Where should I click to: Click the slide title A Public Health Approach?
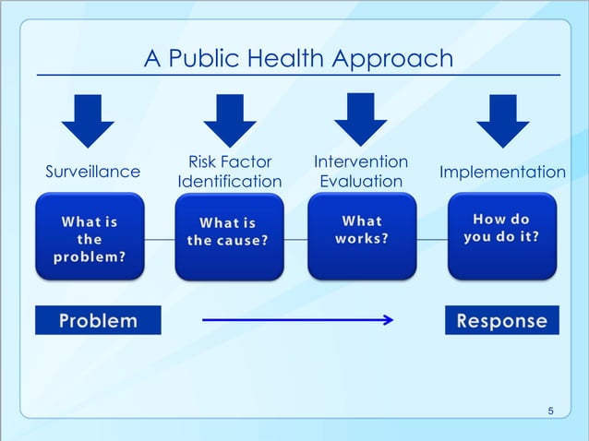pyautogui.click(x=298, y=59)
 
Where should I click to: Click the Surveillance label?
pyautogui.click(x=93, y=172)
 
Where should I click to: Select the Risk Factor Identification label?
pyautogui.click(x=229, y=172)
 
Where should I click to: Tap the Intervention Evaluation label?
pyautogui.click(x=361, y=172)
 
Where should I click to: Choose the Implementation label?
pyautogui.click(x=502, y=173)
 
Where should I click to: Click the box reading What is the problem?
pyautogui.click(x=90, y=236)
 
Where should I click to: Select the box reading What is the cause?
pyautogui.click(x=228, y=236)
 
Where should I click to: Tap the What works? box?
pyautogui.click(x=362, y=236)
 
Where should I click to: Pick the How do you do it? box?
pyautogui.click(x=501, y=236)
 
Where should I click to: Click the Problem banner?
pyautogui.click(x=98, y=320)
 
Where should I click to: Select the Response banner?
pyautogui.click(x=501, y=320)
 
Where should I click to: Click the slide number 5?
pyautogui.click(x=551, y=411)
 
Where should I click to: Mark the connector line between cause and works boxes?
pyautogui.click(x=294, y=239)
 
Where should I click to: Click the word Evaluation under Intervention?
pyautogui.click(x=361, y=181)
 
